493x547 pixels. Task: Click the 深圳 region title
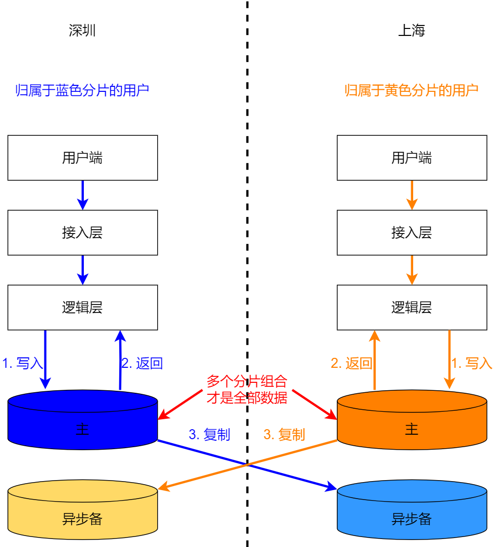pyautogui.click(x=82, y=31)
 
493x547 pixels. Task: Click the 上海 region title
pyautogui.click(x=412, y=31)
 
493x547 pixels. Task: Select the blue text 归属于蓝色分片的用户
pyautogui.click(x=82, y=90)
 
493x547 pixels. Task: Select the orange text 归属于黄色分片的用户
pyautogui.click(x=412, y=90)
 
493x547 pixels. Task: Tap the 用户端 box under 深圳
pyautogui.click(x=82, y=158)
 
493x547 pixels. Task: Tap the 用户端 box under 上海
pyautogui.click(x=412, y=158)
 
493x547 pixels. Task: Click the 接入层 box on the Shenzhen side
pyautogui.click(x=82, y=233)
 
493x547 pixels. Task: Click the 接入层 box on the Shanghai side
pyautogui.click(x=412, y=233)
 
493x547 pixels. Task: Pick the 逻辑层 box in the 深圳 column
pyautogui.click(x=82, y=307)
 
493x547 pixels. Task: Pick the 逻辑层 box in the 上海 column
pyautogui.click(x=412, y=307)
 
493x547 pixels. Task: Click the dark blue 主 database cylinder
pyautogui.click(x=82, y=424)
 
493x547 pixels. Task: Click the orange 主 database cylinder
pyautogui.click(x=412, y=424)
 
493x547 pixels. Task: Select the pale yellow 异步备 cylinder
pyautogui.click(x=82, y=514)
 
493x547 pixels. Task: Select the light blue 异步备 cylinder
pyautogui.click(x=412, y=514)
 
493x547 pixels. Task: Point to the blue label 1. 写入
pyautogui.click(x=23, y=363)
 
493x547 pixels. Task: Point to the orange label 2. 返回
pyautogui.click(x=352, y=363)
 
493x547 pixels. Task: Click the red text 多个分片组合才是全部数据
pyautogui.click(x=247, y=389)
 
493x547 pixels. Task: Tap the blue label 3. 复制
pyautogui.click(x=210, y=434)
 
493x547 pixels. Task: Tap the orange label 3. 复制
pyautogui.click(x=284, y=434)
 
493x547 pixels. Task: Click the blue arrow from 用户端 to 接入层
pyautogui.click(x=83, y=195)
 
